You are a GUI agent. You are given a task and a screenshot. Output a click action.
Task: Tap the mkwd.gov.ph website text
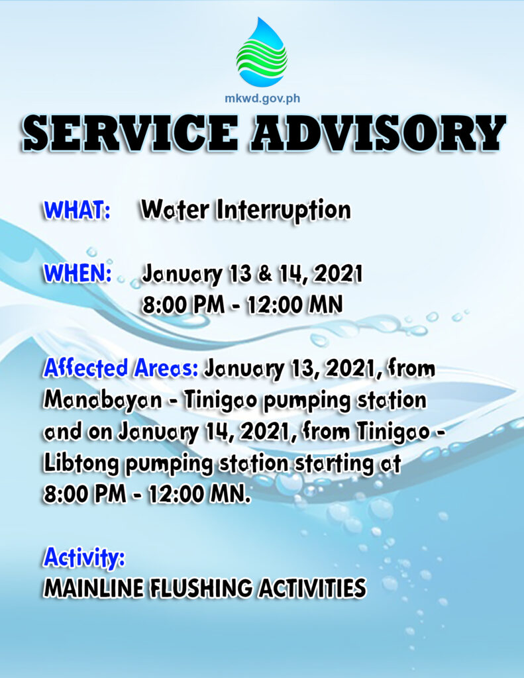coord(262,99)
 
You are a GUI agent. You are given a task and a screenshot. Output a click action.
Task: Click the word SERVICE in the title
coord(131,132)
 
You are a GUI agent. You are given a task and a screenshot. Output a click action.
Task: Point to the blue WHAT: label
coord(77,210)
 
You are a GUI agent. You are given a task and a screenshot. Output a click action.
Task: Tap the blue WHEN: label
coord(78,273)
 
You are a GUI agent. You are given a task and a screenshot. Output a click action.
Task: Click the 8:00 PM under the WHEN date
coord(183,305)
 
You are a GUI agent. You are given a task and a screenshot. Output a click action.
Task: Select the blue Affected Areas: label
coord(121,369)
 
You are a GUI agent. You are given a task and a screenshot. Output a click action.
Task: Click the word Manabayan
coord(103,401)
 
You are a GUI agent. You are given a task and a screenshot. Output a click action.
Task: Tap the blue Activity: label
coord(84,557)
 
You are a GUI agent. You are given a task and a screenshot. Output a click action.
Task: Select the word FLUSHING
coord(201,589)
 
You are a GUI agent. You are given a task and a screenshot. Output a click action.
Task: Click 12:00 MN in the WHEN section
coord(295,305)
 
